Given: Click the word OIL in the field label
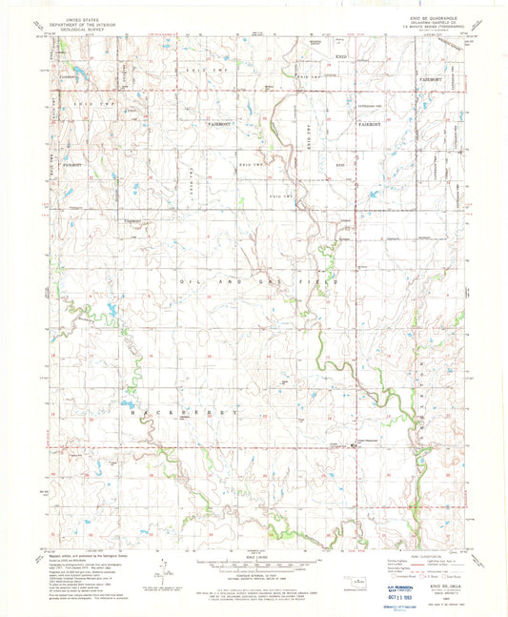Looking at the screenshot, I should coord(185,283).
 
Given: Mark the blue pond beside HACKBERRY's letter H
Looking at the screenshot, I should coord(127,403).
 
